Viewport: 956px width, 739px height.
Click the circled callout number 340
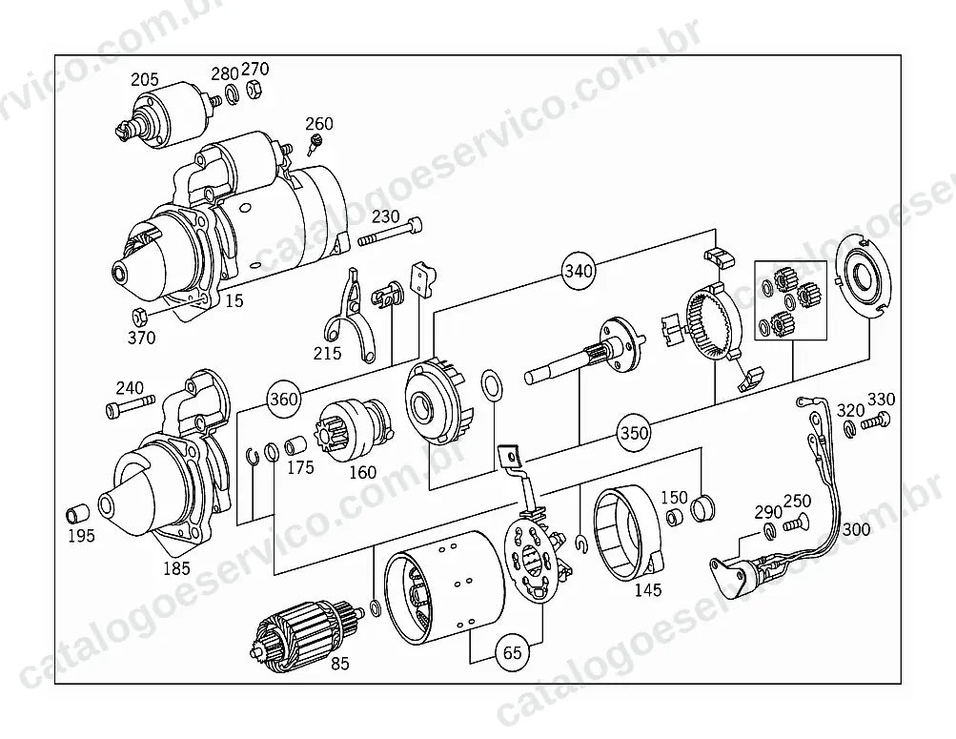point(578,270)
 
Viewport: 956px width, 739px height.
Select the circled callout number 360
point(283,399)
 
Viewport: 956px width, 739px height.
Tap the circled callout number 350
point(634,433)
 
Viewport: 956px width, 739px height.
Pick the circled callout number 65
point(512,653)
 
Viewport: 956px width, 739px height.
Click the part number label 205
point(145,79)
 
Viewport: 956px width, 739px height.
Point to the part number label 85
point(340,664)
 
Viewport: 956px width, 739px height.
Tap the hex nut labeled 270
point(254,91)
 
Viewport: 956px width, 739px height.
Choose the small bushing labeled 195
point(77,513)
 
